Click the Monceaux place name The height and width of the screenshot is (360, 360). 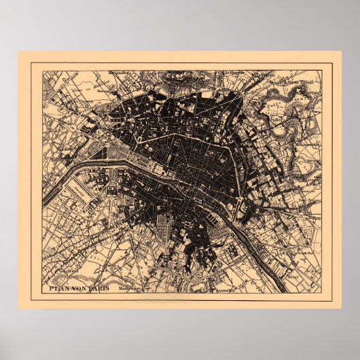click(x=103, y=88)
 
